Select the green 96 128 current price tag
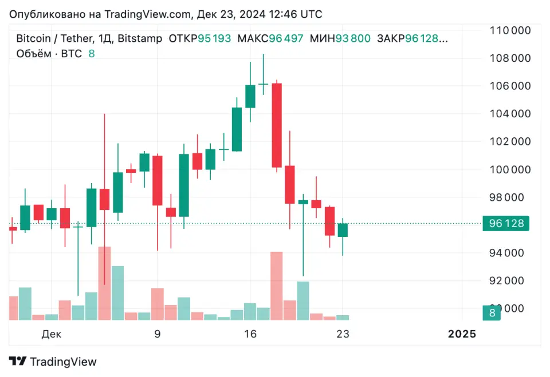pos(506,224)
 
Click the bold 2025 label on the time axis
pos(462,334)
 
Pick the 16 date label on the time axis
pos(250,334)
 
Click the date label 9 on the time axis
pos(157,334)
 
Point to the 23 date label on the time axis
pos(343,334)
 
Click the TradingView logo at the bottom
pos(53,362)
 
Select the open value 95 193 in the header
pos(214,39)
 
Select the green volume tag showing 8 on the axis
pos(492,313)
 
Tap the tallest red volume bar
pos(104,283)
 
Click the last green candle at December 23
pos(343,230)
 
